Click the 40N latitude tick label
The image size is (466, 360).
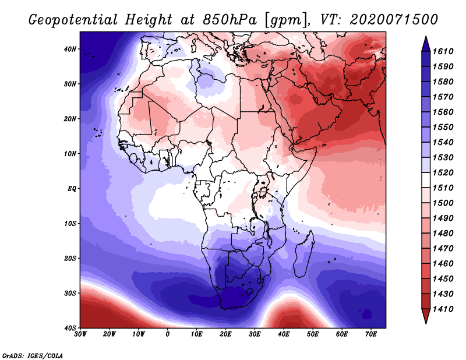pos(70,49)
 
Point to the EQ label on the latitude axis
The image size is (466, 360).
pos(72,189)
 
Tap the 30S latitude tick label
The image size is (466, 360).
pos(70,293)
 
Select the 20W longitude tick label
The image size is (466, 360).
pos(110,334)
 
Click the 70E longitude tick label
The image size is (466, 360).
pos(371,334)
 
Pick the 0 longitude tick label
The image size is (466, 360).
pos(168,334)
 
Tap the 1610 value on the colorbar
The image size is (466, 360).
pos(443,51)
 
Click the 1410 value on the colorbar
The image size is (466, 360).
pos(443,309)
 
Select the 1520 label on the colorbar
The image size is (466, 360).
pos(443,172)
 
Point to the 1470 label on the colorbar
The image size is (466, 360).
pos(443,249)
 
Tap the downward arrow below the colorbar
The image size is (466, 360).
pos(426,316)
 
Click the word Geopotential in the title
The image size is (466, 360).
pos(73,20)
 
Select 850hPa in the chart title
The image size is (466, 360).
pos(230,20)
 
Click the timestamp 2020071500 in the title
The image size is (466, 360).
pos(394,20)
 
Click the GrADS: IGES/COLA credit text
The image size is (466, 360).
pos(33,356)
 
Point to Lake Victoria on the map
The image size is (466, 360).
pos(263,192)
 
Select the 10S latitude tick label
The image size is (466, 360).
pos(70,224)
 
